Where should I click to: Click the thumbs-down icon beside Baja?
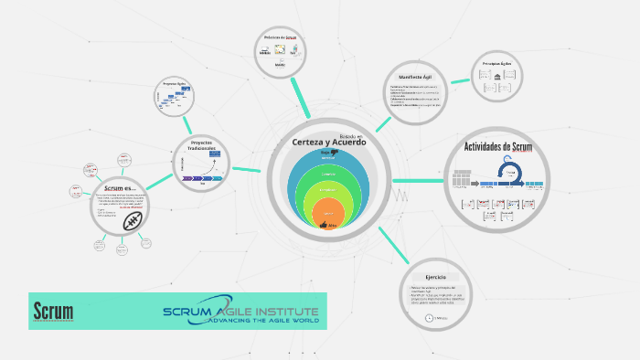click(348, 152)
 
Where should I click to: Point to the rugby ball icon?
click(133, 220)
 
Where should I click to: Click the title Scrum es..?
click(120, 187)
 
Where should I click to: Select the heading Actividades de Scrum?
click(498, 147)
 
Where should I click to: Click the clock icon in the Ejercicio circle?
click(428, 317)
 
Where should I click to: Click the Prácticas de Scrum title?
click(280, 37)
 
